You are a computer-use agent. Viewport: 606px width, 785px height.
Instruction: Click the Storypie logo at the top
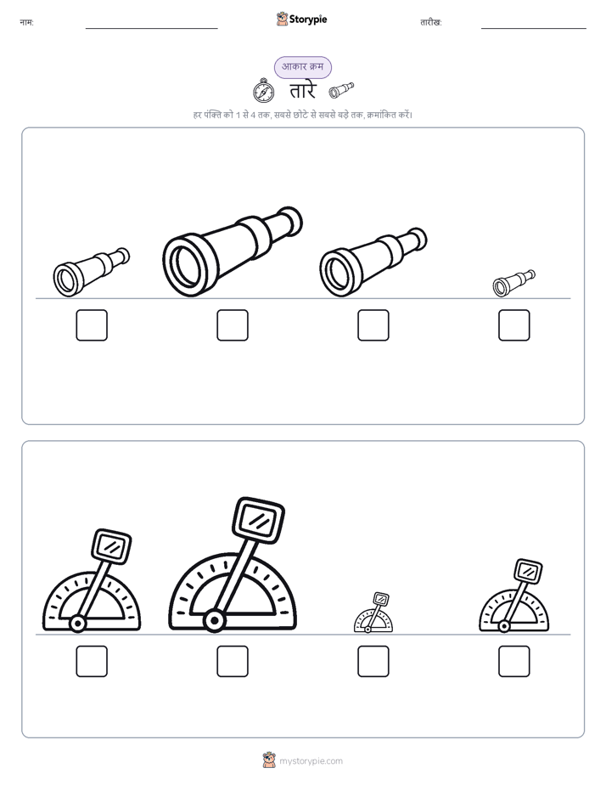301,19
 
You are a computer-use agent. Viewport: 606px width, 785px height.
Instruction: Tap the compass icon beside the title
263,91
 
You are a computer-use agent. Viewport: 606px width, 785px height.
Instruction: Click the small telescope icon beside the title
341,90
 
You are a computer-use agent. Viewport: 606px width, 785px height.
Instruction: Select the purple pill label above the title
302,67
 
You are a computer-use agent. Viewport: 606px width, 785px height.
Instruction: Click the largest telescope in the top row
233,251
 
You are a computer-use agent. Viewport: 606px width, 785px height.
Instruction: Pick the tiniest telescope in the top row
514,283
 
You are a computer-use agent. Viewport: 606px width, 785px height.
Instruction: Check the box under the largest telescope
233,325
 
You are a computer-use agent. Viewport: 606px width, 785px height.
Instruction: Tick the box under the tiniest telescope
514,325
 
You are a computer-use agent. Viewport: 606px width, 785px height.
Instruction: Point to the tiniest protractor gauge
373,613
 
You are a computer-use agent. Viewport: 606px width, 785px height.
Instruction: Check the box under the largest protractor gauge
233,661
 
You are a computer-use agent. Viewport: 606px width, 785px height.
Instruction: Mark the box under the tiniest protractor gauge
373,661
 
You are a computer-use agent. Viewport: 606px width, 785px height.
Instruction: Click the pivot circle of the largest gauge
215,621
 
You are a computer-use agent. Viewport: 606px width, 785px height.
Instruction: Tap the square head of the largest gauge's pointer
259,520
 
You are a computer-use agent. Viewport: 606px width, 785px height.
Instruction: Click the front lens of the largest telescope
188,265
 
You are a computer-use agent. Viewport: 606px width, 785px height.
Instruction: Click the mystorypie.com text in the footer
311,761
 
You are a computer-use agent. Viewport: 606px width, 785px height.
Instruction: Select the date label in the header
431,22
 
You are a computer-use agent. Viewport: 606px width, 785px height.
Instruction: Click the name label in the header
26,22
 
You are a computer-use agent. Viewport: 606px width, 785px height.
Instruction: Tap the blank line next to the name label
151,29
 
